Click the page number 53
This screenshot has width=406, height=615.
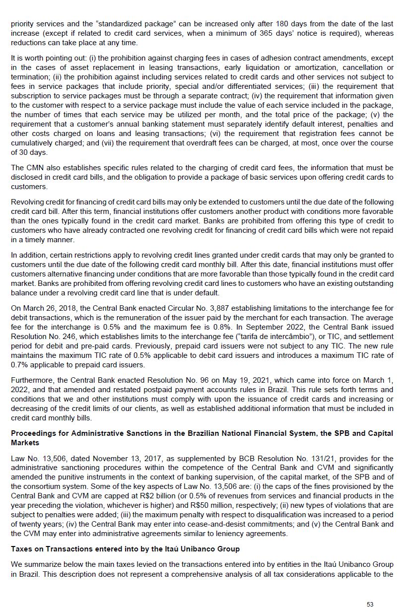tap(370, 604)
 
